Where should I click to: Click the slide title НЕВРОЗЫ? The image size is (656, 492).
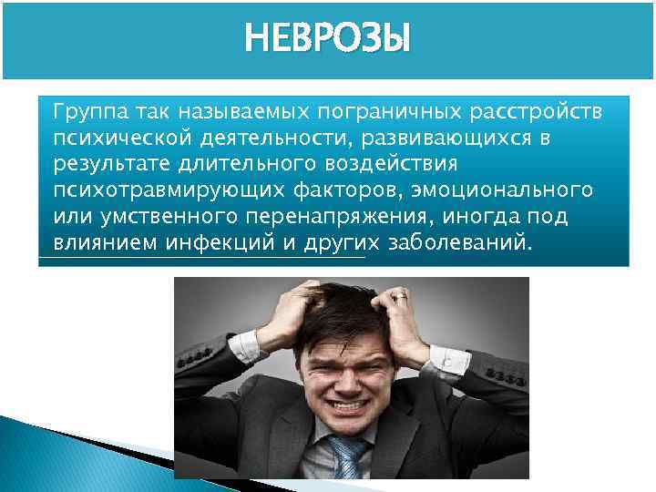(x=328, y=38)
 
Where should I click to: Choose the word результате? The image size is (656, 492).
(x=104, y=165)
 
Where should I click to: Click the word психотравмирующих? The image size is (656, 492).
(x=147, y=191)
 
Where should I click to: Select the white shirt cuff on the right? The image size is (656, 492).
(x=447, y=358)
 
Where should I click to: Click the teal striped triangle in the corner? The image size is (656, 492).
(x=36, y=456)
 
